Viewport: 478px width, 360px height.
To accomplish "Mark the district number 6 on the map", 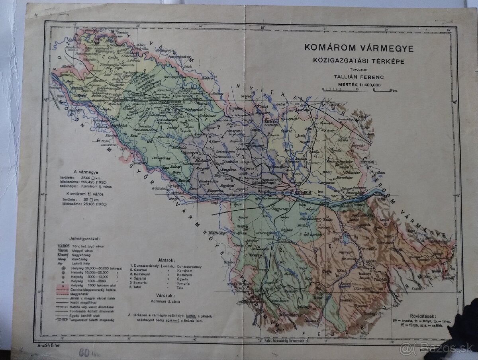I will tap(330, 246).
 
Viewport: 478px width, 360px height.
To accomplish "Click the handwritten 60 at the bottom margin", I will tap(85, 352).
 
